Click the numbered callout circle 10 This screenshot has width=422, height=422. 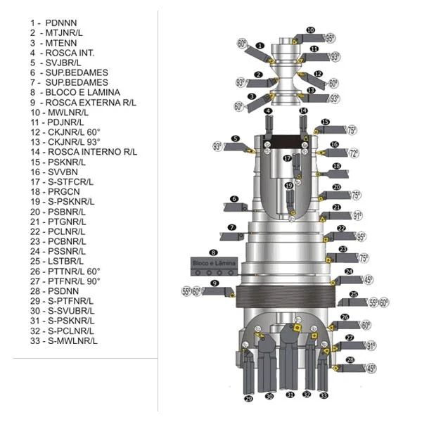pyautogui.click(x=311, y=30)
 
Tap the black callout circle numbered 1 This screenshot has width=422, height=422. pyautogui.click(x=260, y=46)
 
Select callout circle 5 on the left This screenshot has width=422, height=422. pyautogui.click(x=236, y=139)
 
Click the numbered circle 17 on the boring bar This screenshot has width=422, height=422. pyautogui.click(x=287, y=158)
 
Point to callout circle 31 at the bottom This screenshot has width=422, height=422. pyautogui.click(x=290, y=395)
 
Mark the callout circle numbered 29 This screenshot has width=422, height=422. pyautogui.click(x=248, y=399)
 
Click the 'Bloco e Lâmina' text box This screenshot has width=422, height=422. pyautogui.click(x=215, y=263)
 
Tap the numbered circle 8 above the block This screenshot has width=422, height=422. pyautogui.click(x=213, y=252)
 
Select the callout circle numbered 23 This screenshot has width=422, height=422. pyautogui.click(x=343, y=249)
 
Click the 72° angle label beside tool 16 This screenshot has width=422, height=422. pyautogui.click(x=353, y=153)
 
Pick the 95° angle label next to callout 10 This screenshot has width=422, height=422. pyautogui.click(x=330, y=37)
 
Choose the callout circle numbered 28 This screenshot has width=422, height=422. pyautogui.click(x=350, y=360)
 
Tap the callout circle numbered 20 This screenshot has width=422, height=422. pyautogui.click(x=336, y=187)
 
